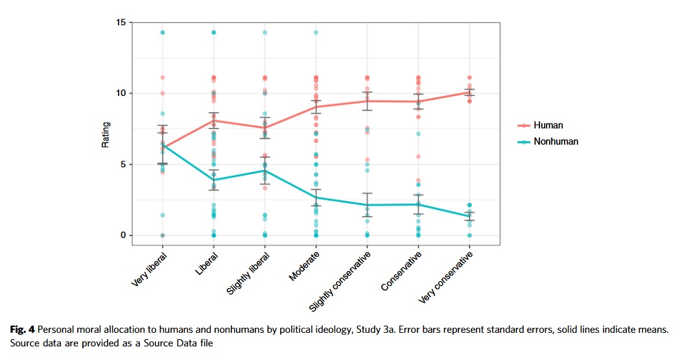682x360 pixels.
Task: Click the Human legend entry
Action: tap(547, 125)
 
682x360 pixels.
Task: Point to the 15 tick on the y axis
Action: tap(121, 23)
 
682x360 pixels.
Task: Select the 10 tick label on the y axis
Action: tap(121, 93)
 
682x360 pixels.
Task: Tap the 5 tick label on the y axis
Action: tap(123, 164)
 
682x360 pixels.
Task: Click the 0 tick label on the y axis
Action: tap(123, 235)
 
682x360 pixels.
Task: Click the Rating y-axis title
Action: tap(106, 135)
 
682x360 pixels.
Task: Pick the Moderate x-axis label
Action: tap(304, 267)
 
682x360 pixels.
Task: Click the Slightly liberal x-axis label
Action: tap(249, 273)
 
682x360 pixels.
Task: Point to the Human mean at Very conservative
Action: tap(470, 92)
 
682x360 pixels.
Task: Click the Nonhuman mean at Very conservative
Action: tap(470, 217)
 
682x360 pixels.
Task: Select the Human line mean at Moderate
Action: tap(316, 106)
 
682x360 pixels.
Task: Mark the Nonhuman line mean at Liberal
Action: tap(213, 180)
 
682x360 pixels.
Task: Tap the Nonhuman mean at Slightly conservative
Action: tap(368, 205)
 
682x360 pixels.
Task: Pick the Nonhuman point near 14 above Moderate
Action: tap(316, 32)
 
